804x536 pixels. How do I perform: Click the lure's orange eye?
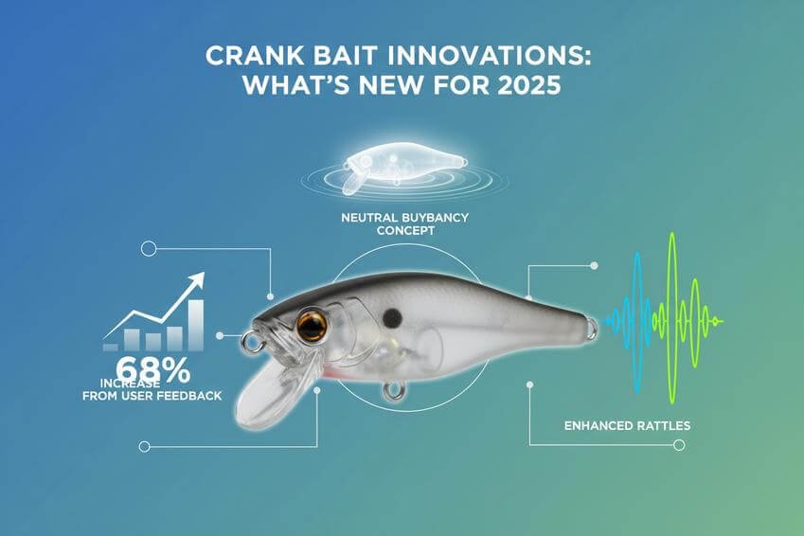(312, 327)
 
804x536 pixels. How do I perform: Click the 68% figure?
(152, 368)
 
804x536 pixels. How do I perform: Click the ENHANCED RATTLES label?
(626, 426)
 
